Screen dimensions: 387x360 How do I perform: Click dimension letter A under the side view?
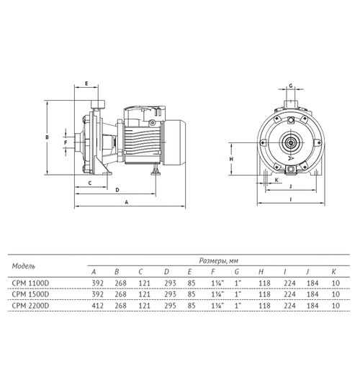pyautogui.click(x=127, y=204)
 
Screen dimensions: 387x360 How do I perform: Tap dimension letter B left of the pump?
pyautogui.click(x=46, y=136)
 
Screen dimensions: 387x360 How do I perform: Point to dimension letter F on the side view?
pyautogui.click(x=66, y=142)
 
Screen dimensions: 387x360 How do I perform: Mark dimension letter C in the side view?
pyautogui.click(x=90, y=183)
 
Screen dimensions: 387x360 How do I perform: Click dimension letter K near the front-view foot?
pyautogui.click(x=276, y=180)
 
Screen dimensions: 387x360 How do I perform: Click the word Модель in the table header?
pyautogui.click(x=24, y=266)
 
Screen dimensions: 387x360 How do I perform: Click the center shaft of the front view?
pyautogui.click(x=291, y=143)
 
